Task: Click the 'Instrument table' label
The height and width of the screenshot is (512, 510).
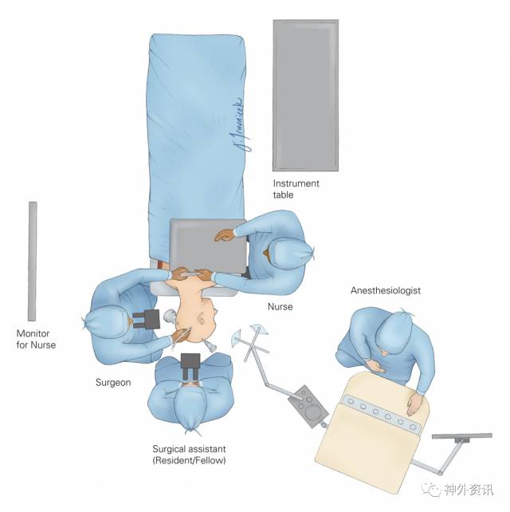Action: pyautogui.click(x=296, y=189)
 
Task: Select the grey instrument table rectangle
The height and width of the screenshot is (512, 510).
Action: pyautogui.click(x=305, y=95)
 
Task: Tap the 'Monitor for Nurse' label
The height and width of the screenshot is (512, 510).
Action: pyautogui.click(x=37, y=339)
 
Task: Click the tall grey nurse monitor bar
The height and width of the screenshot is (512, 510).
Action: pyautogui.click(x=33, y=260)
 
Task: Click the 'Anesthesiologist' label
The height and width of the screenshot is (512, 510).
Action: pyautogui.click(x=386, y=290)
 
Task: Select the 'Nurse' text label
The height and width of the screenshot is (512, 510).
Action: pyautogui.click(x=280, y=306)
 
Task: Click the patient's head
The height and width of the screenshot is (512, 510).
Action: pyautogui.click(x=199, y=324)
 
